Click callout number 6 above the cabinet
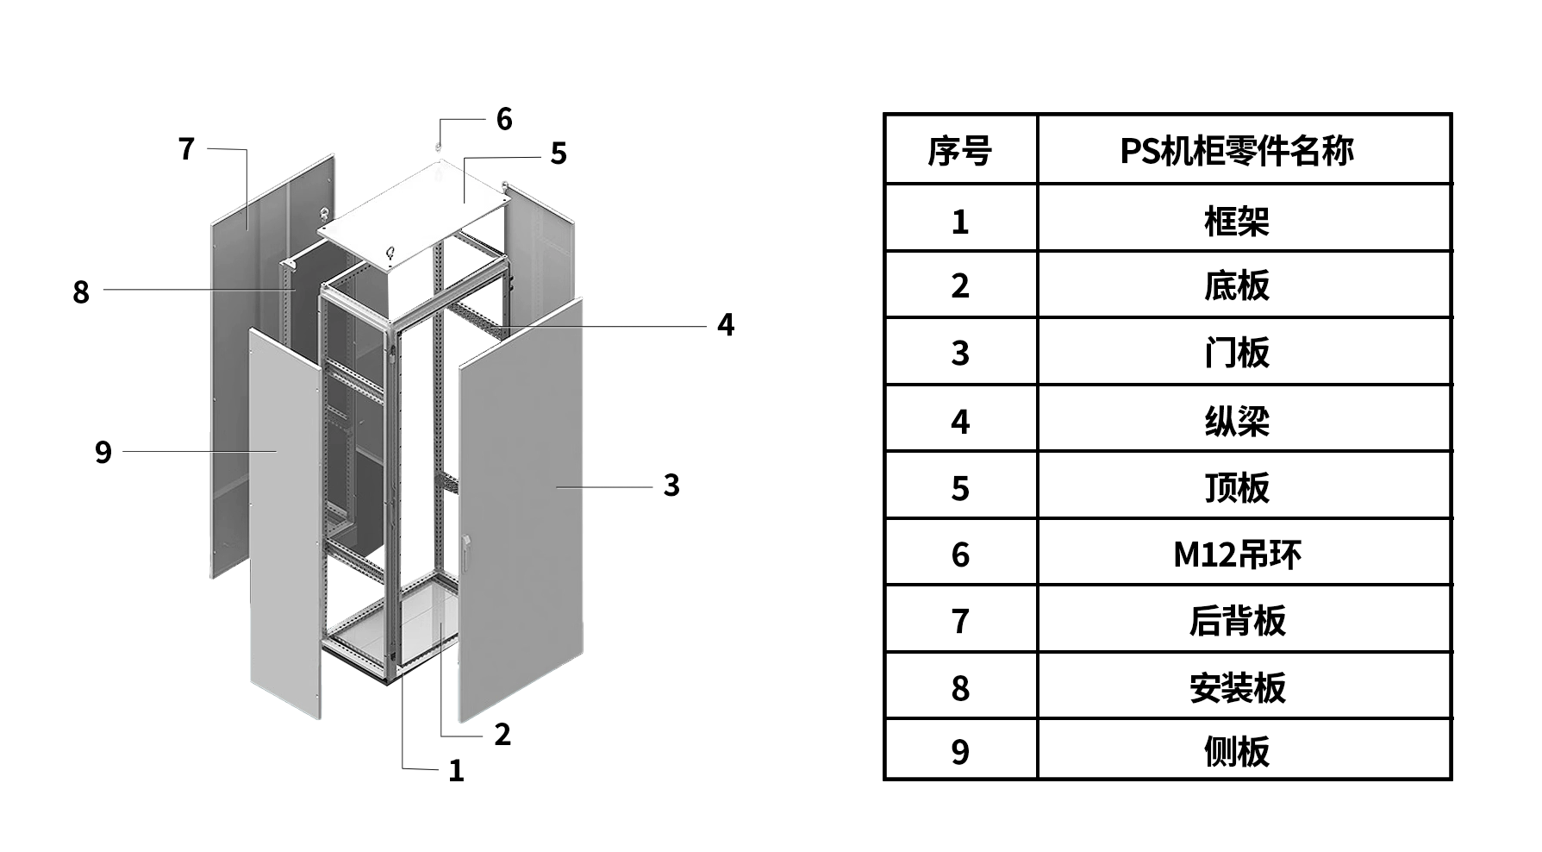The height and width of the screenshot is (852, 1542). click(x=504, y=119)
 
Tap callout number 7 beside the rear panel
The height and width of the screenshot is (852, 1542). click(x=186, y=149)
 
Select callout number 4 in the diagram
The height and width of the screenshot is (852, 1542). click(x=726, y=325)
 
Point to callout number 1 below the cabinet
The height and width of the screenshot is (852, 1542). click(x=456, y=770)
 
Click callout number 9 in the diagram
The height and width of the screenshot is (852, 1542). click(x=103, y=452)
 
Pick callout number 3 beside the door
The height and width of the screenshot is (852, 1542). click(x=671, y=486)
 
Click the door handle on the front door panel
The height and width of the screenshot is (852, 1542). click(x=466, y=552)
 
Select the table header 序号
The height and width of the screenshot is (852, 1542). click(x=959, y=151)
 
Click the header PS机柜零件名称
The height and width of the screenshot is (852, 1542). click(x=1237, y=151)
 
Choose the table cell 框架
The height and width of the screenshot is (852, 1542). click(x=1237, y=222)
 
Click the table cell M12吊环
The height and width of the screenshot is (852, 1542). click(x=1237, y=554)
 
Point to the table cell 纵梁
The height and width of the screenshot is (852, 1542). click(x=1237, y=422)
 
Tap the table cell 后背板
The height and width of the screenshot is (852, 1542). click(x=1237, y=621)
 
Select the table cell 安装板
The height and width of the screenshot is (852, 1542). click(x=1237, y=688)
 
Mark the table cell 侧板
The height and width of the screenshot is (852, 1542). click(x=1237, y=752)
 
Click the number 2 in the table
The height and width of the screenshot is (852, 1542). click(x=959, y=286)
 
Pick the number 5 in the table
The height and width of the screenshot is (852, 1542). click(x=959, y=489)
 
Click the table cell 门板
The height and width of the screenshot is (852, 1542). click(x=1237, y=353)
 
